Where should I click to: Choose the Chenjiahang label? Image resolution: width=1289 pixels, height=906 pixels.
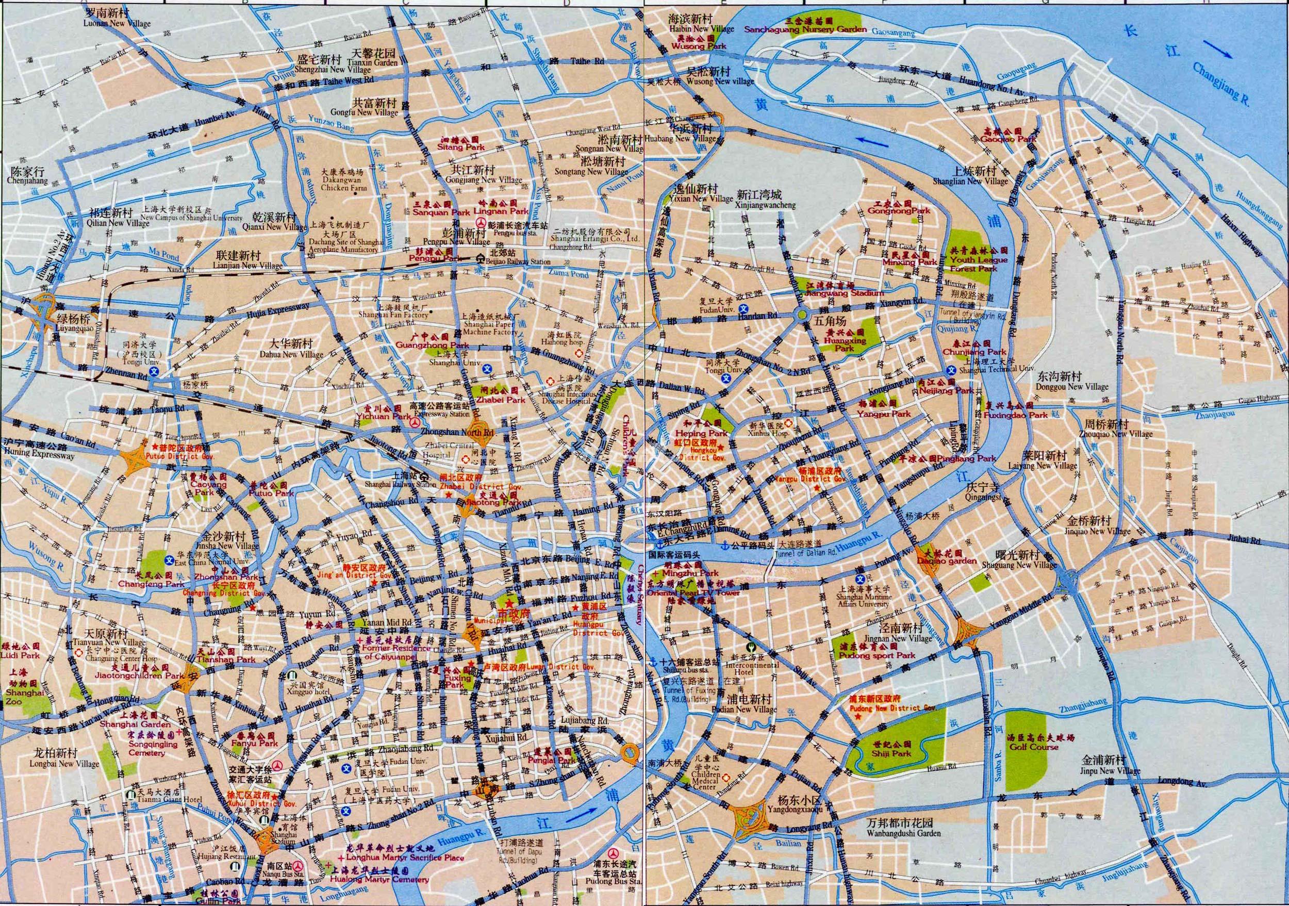27,182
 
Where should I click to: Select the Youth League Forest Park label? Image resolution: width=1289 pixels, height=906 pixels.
979,264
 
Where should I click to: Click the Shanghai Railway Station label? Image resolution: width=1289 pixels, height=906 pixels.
400,484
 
